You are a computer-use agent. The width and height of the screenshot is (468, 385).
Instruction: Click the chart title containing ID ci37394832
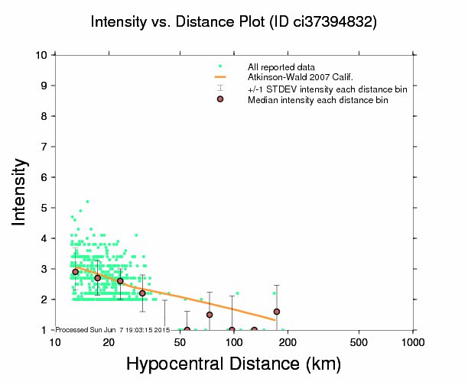233,22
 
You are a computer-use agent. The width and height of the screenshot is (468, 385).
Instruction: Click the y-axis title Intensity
22,191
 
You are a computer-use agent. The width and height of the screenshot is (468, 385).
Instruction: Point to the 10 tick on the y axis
43,55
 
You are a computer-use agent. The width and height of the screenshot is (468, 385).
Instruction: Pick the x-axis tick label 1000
413,342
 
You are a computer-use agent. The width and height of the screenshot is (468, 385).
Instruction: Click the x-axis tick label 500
359,342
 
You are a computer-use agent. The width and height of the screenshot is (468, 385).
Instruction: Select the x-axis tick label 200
288,342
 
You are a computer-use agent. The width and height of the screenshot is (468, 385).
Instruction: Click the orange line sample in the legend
220,77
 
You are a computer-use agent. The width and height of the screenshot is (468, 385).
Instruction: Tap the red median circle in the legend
220,99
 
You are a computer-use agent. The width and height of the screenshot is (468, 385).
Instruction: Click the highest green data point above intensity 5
87,202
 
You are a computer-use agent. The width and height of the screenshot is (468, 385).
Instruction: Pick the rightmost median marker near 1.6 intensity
276,312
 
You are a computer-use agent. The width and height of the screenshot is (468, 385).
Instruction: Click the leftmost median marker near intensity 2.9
75,272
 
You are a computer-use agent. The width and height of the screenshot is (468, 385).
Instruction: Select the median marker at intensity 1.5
210,315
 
